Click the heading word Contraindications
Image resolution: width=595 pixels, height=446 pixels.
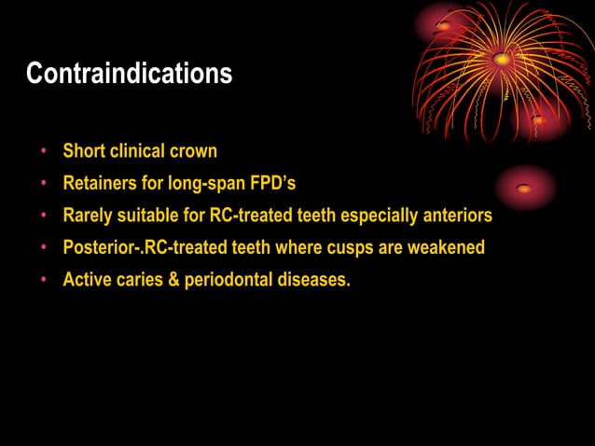tap(129, 74)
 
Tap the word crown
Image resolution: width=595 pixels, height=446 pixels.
tap(195, 150)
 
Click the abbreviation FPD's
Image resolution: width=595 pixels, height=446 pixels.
tap(271, 183)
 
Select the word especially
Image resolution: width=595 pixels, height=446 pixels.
tap(377, 216)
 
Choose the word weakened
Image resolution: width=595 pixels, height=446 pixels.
tap(446, 248)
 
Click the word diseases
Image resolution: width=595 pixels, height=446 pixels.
tap(315, 280)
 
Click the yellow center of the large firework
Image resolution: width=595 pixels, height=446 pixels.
tap(502, 59)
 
